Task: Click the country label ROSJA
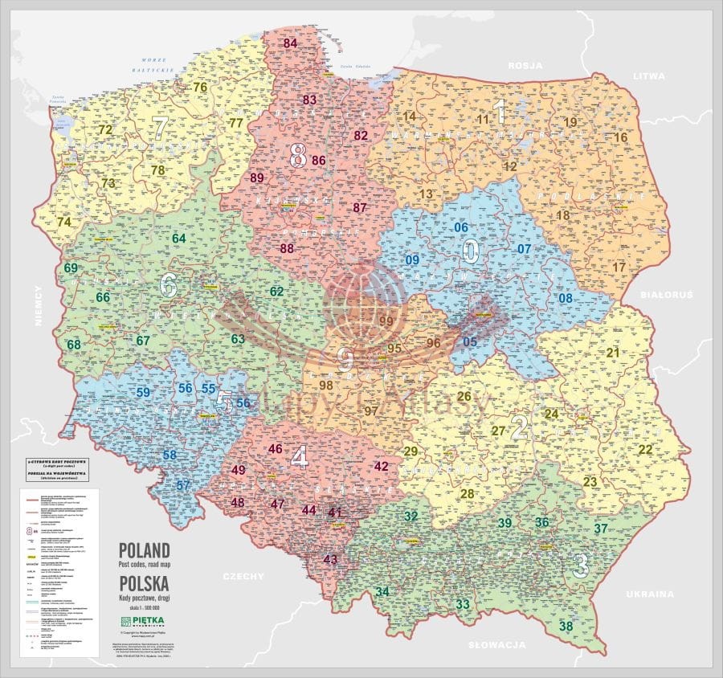click(525, 65)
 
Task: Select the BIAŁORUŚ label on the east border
click(666, 296)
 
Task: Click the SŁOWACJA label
click(496, 645)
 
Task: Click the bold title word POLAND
click(144, 550)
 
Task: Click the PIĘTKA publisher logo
click(144, 622)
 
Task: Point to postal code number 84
click(290, 43)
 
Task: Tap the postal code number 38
click(566, 627)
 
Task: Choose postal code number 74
click(64, 223)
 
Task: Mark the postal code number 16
click(620, 137)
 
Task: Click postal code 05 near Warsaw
click(470, 342)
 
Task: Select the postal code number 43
click(330, 559)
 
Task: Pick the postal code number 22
click(646, 450)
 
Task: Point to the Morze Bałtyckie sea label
click(157, 65)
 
